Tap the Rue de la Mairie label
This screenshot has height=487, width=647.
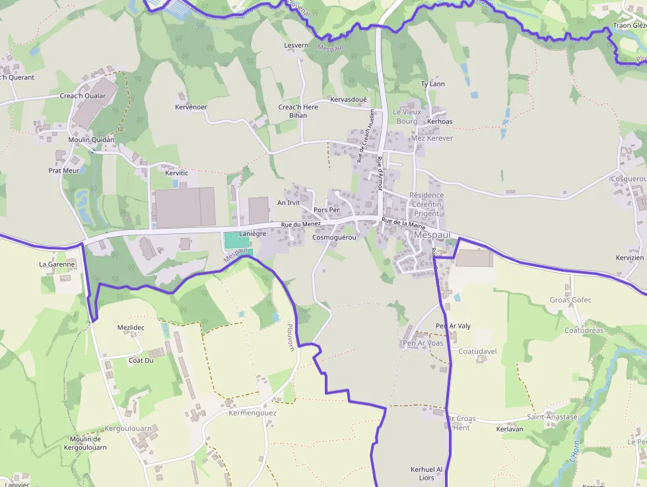click(403, 223)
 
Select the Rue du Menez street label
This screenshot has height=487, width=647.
click(300, 225)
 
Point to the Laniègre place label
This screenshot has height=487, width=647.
click(252, 233)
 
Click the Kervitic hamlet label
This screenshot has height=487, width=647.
click(176, 172)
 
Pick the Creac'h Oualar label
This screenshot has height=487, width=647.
click(83, 96)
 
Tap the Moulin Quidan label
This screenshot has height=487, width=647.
click(91, 139)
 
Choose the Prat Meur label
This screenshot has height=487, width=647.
click(64, 170)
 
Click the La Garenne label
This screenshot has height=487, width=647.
click(57, 264)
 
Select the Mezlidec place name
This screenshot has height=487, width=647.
click(130, 327)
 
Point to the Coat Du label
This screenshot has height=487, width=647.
click(141, 360)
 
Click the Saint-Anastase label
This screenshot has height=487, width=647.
click(552, 417)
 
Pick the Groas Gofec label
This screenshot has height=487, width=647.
click(570, 300)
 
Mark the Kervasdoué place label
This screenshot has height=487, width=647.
click(348, 99)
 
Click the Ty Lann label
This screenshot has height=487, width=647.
click(432, 84)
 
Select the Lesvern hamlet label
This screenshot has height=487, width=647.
click(296, 46)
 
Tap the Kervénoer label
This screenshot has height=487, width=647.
click(191, 107)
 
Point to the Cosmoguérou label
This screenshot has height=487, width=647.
click(334, 237)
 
